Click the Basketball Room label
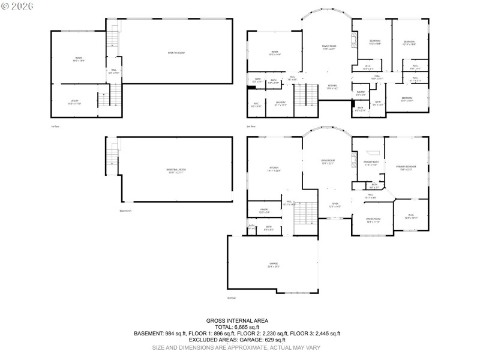click(x=176, y=170)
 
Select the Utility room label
click(x=74, y=103)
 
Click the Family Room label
click(x=329, y=47)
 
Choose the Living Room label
click(x=327, y=162)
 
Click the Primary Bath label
click(x=370, y=163)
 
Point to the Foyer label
click(x=335, y=205)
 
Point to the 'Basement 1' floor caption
click(x=125, y=211)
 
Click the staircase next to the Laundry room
click(x=305, y=96)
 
